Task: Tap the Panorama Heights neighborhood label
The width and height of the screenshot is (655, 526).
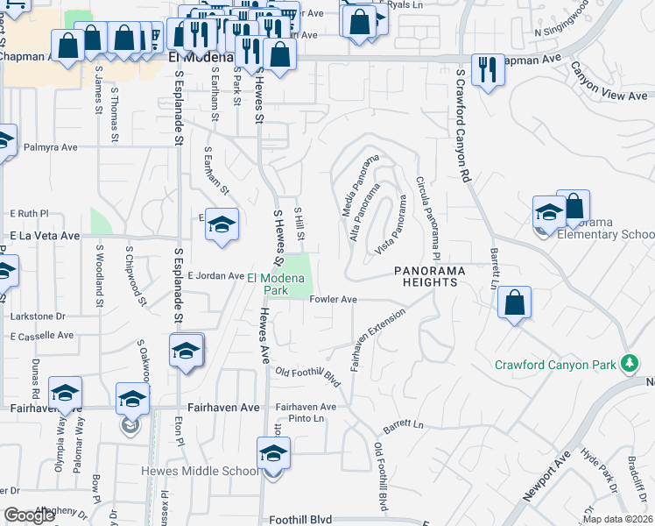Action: (x=426, y=276)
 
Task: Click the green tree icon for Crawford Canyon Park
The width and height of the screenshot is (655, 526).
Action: (x=628, y=362)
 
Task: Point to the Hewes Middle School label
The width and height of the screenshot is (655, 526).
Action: (x=200, y=471)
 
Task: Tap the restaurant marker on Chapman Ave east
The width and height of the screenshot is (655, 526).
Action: (x=486, y=70)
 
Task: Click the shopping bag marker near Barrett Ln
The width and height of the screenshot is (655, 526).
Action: (x=515, y=303)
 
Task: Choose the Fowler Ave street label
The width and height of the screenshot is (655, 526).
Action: (x=333, y=300)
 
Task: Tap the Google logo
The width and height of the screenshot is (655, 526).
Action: (x=30, y=515)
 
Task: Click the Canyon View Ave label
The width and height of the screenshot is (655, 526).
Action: (x=609, y=81)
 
